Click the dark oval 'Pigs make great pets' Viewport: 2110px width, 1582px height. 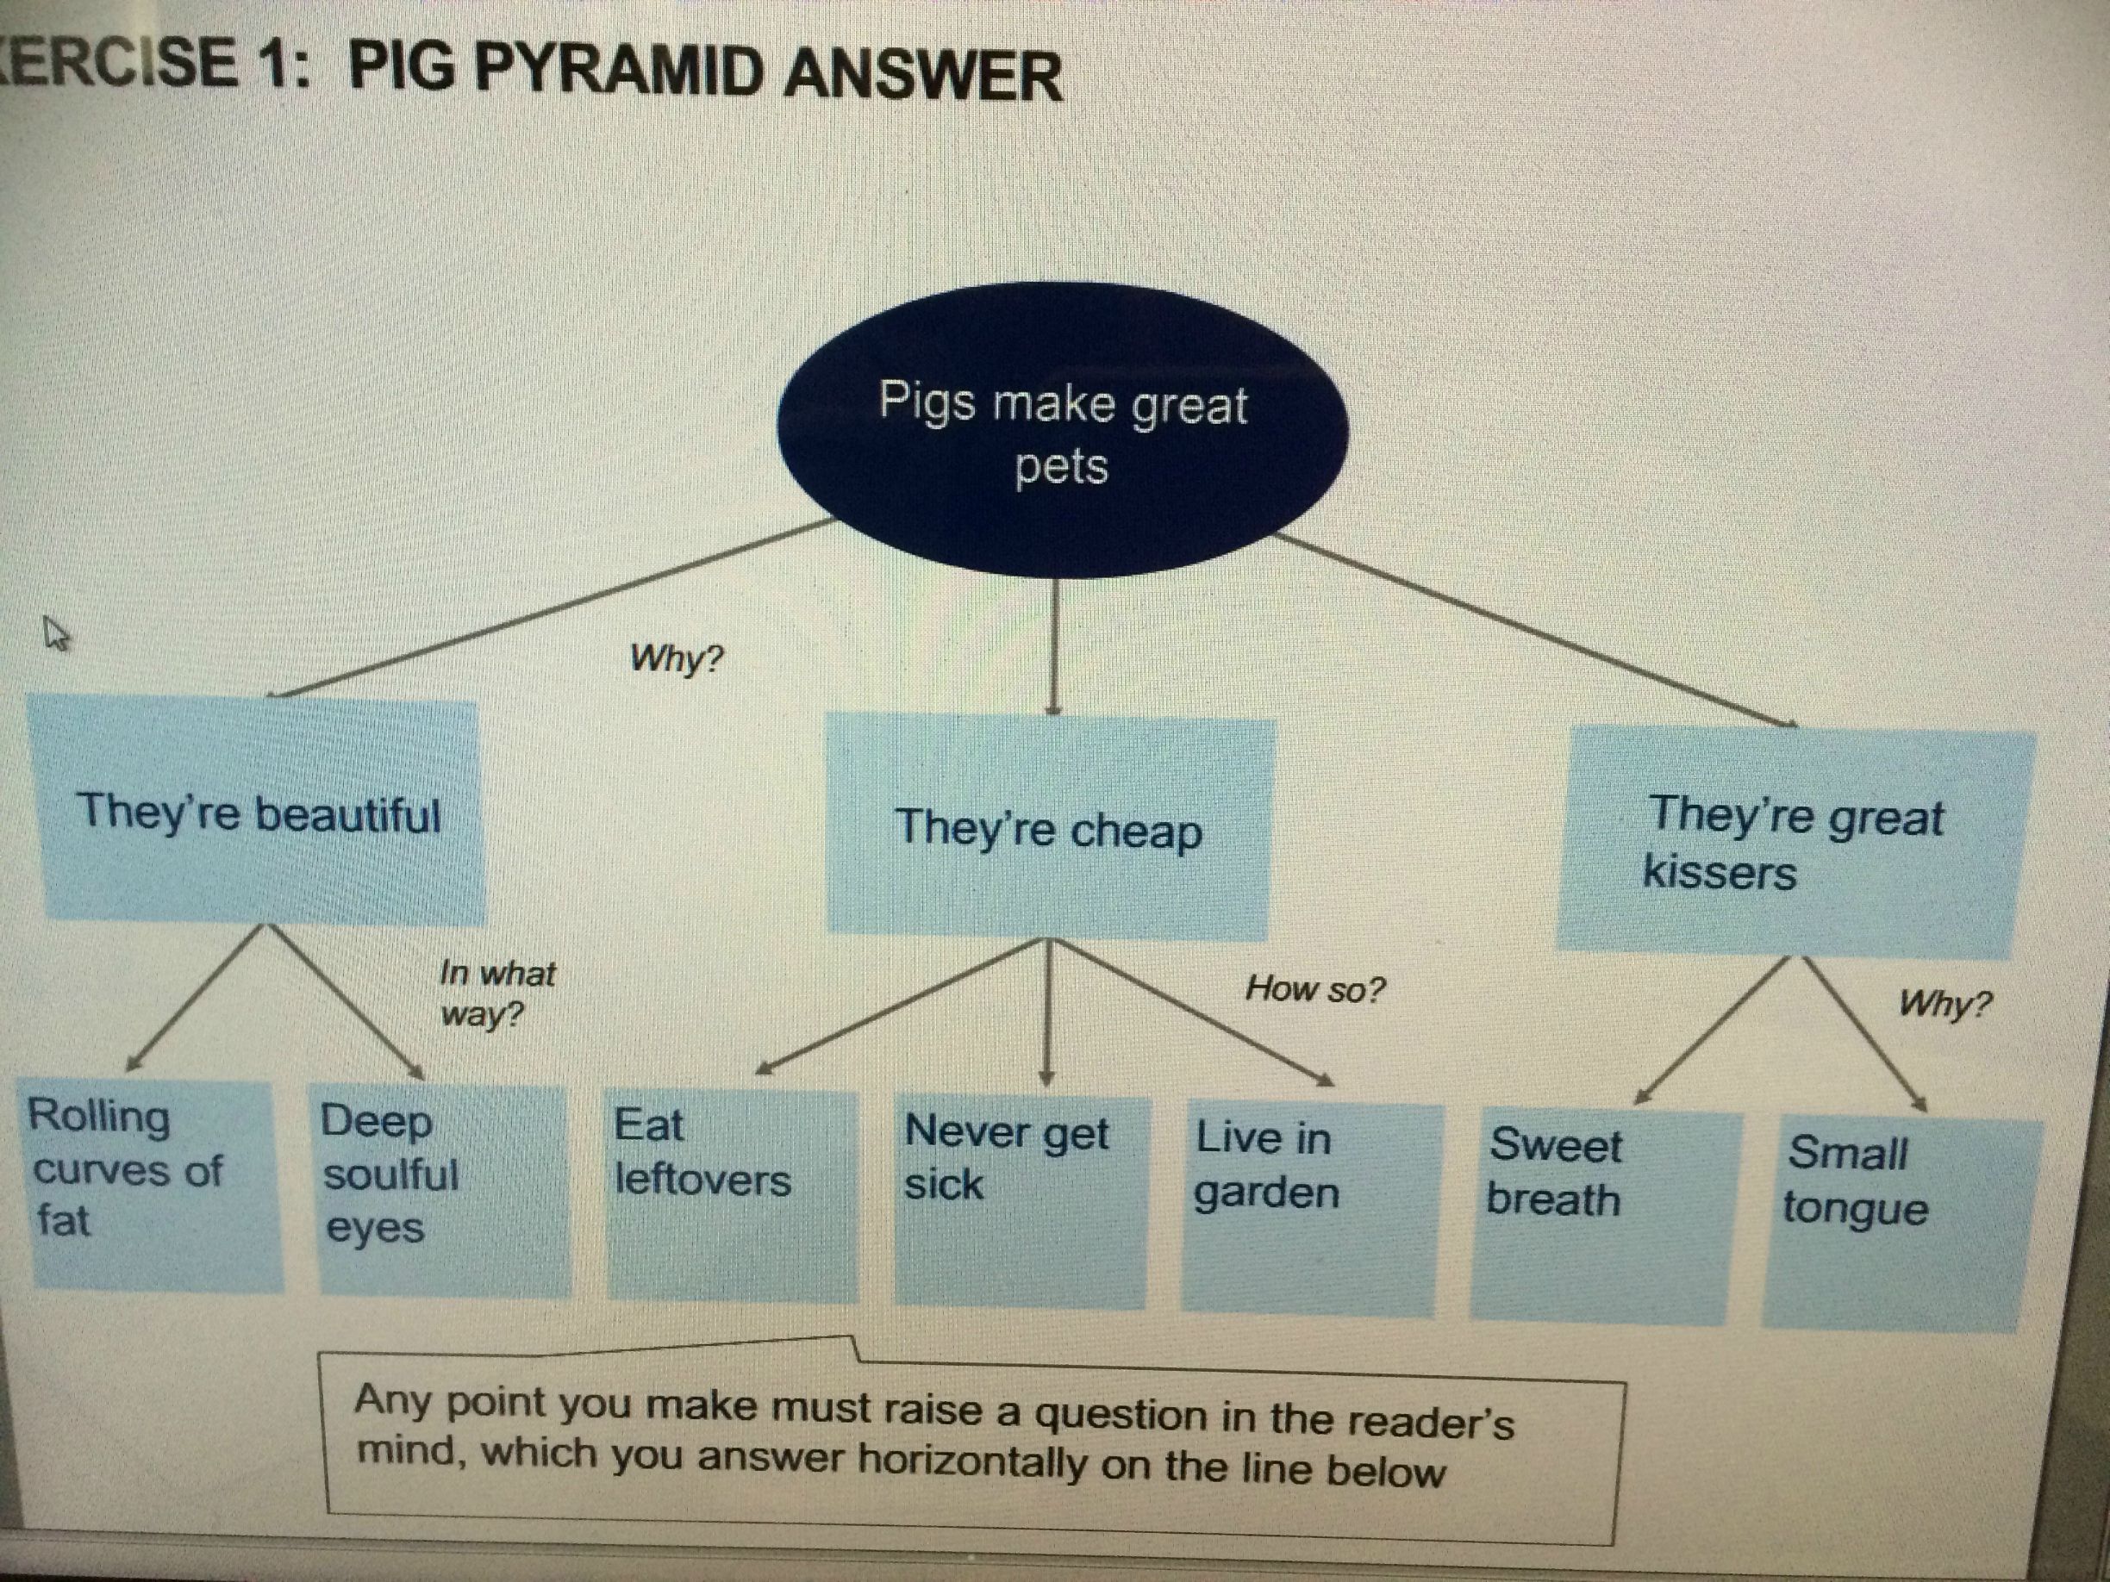[x=1062, y=430]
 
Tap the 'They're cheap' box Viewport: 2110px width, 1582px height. [x=1049, y=825]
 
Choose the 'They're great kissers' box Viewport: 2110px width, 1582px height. [x=1795, y=843]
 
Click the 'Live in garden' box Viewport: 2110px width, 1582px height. [x=1311, y=1211]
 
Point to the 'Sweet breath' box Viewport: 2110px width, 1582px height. [x=1604, y=1218]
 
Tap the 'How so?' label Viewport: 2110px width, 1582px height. [x=1314, y=989]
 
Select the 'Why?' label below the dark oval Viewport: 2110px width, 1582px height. [x=677, y=658]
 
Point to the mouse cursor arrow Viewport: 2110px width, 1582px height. [x=56, y=633]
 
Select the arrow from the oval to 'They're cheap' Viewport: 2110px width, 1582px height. [x=1053, y=645]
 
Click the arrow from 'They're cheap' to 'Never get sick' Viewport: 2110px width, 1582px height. [x=1048, y=1012]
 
